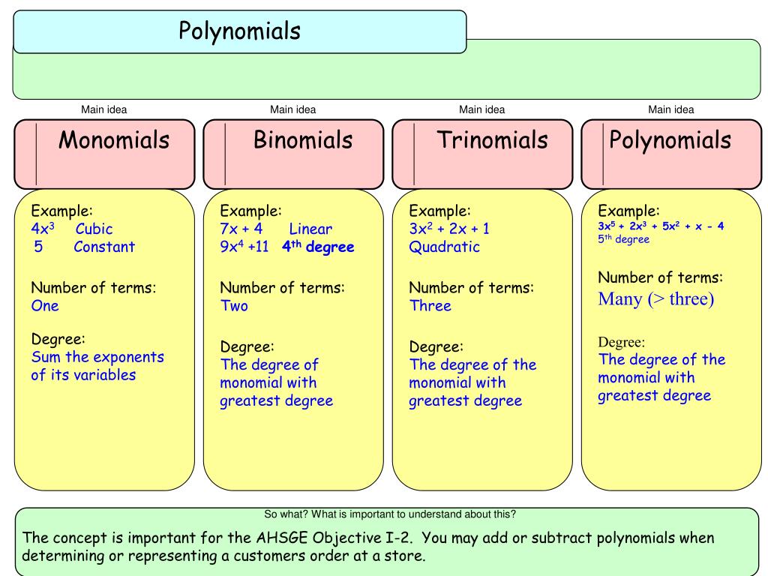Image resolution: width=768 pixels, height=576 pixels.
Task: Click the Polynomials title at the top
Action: pyautogui.click(x=239, y=31)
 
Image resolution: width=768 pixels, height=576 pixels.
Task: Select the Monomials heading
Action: pyautogui.click(x=114, y=140)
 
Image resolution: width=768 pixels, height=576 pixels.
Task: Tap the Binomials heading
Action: pyautogui.click(x=302, y=140)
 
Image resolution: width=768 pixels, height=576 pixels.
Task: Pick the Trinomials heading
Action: pyautogui.click(x=493, y=140)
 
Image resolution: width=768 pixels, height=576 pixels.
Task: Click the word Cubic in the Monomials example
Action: pyautogui.click(x=94, y=229)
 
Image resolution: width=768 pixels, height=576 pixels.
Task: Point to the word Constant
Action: pyautogui.click(x=104, y=247)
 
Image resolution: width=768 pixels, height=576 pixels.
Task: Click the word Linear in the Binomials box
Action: pyautogui.click(x=310, y=229)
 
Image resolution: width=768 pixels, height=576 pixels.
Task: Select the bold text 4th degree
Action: pyautogui.click(x=318, y=247)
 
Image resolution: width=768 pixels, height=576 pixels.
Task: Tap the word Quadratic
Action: pyautogui.click(x=444, y=247)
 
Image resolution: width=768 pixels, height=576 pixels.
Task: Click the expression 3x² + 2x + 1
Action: pyautogui.click(x=449, y=229)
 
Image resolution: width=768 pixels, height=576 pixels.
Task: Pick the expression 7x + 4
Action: pyautogui.click(x=241, y=229)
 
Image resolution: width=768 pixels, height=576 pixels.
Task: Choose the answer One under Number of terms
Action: pyautogui.click(x=44, y=305)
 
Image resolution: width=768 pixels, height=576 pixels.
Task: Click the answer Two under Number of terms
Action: pyautogui.click(x=233, y=305)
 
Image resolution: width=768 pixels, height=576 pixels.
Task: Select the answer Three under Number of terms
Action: pyautogui.click(x=430, y=305)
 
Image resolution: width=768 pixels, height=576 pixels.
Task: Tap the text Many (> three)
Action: pyautogui.click(x=655, y=299)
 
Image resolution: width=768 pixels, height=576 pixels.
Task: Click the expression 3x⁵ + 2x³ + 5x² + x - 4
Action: pyautogui.click(x=661, y=226)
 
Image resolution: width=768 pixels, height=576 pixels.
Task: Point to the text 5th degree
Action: pyautogui.click(x=623, y=239)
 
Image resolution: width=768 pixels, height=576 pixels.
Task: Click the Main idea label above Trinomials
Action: pyautogui.click(x=481, y=109)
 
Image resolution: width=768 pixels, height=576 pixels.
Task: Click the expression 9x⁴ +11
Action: pyautogui.click(x=244, y=247)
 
